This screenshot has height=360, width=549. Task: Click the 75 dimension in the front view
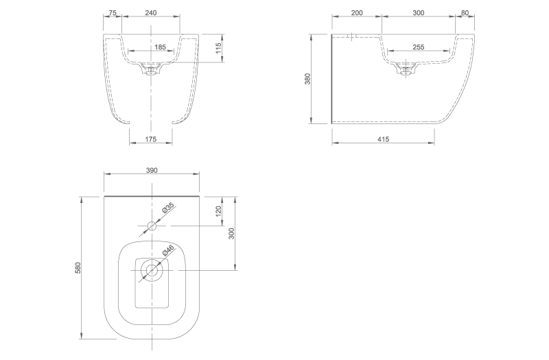113,13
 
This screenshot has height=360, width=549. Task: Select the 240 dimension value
151,13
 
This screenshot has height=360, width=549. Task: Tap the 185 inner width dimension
160,47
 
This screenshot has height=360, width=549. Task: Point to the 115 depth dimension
218,48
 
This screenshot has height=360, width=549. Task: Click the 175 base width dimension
151,139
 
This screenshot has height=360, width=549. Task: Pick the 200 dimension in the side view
357,13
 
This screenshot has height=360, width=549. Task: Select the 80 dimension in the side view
465,13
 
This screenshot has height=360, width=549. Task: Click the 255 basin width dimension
419,47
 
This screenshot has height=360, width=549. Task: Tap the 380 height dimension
308,79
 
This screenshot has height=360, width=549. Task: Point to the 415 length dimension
383,139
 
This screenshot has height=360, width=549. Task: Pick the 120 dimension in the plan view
218,211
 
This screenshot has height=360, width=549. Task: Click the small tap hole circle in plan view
152,225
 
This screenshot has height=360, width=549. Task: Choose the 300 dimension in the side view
419,13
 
